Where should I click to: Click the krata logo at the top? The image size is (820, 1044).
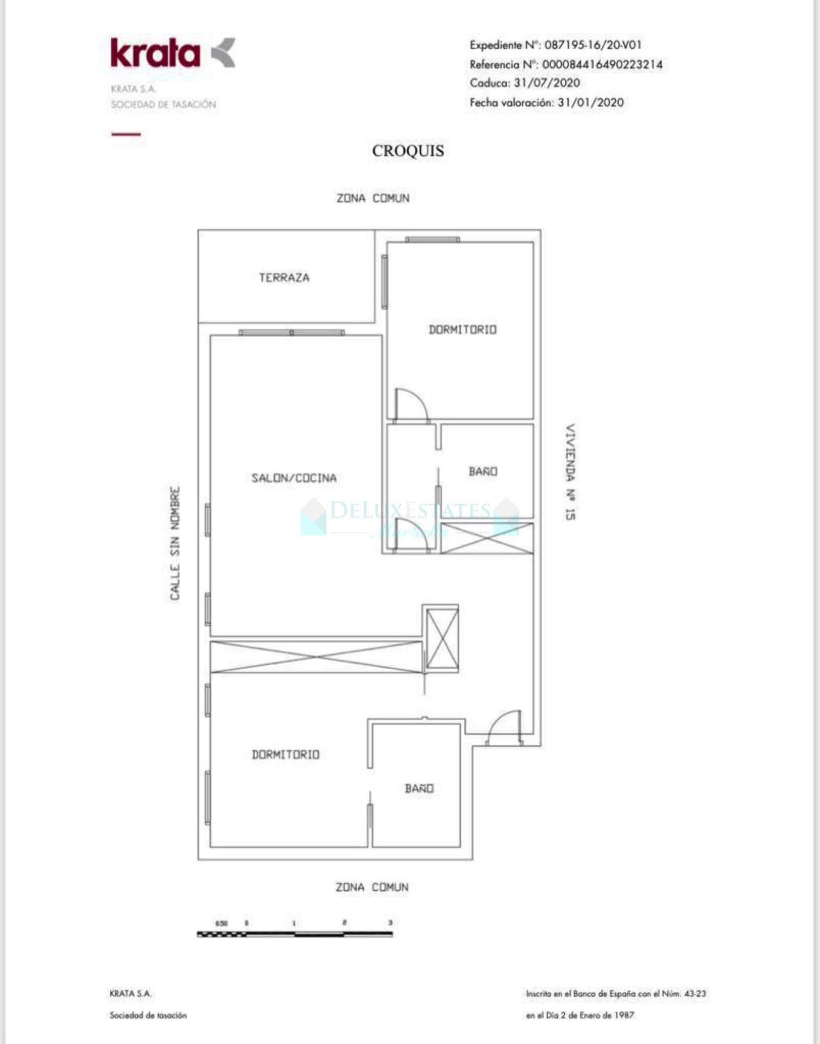tap(172, 53)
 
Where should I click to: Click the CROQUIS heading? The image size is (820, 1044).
tap(408, 151)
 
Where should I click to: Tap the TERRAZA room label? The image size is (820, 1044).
tap(284, 278)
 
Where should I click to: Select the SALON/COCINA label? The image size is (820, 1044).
tap(294, 478)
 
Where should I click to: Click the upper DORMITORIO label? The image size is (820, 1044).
tap(463, 330)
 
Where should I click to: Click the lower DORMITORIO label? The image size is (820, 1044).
tap(285, 754)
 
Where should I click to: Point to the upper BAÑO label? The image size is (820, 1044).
tap(483, 472)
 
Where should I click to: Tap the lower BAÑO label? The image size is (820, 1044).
tap(419, 789)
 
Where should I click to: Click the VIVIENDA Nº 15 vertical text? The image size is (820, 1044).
tap(570, 472)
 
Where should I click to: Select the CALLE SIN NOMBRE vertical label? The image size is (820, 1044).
tap(175, 543)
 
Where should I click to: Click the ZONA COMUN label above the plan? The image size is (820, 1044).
tap(373, 198)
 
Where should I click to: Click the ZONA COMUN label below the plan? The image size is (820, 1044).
tap(372, 887)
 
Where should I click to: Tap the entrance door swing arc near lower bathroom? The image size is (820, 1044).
tap(505, 727)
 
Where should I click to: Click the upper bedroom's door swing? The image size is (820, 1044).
tap(412, 405)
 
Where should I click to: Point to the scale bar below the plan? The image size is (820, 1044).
tap(295, 934)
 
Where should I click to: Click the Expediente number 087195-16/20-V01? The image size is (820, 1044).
tap(592, 45)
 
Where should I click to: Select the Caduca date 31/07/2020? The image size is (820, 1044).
tap(547, 83)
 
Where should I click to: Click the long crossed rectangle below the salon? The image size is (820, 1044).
tap(316, 657)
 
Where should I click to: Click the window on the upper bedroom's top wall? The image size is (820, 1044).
tap(432, 239)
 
